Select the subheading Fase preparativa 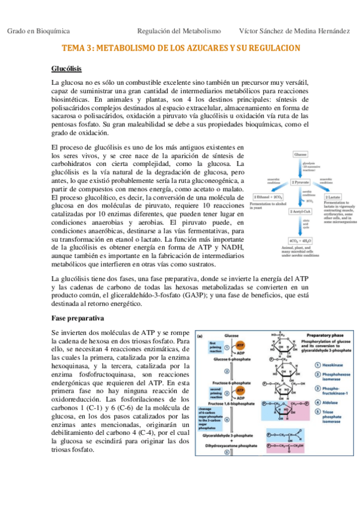tap(78, 317)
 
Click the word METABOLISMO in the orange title tap(130, 48)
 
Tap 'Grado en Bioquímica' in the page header tap(38, 31)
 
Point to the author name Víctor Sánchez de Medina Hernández tap(294, 31)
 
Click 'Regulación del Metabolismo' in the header tap(179, 31)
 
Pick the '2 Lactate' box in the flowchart tap(334, 196)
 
